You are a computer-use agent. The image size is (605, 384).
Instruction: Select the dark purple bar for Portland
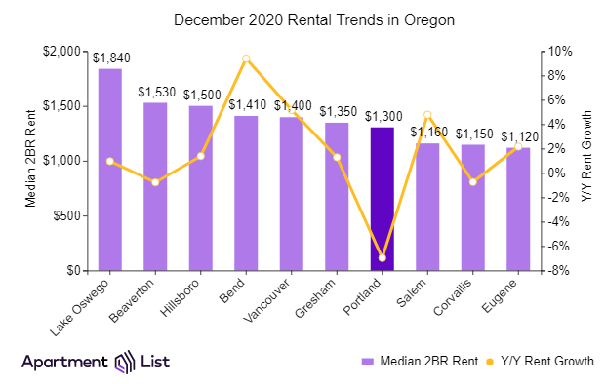[383, 199]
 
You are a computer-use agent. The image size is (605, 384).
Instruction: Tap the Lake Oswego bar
[110, 170]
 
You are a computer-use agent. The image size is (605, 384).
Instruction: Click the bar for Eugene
[518, 209]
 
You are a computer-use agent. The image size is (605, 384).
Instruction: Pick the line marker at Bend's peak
[246, 58]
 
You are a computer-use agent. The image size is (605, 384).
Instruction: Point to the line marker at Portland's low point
[383, 257]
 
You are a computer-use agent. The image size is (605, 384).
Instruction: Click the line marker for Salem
[427, 115]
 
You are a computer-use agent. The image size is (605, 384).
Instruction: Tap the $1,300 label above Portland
[383, 116]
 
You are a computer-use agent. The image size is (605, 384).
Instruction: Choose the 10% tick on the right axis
[551, 51]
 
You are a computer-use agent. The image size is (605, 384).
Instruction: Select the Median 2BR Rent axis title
[31, 161]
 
